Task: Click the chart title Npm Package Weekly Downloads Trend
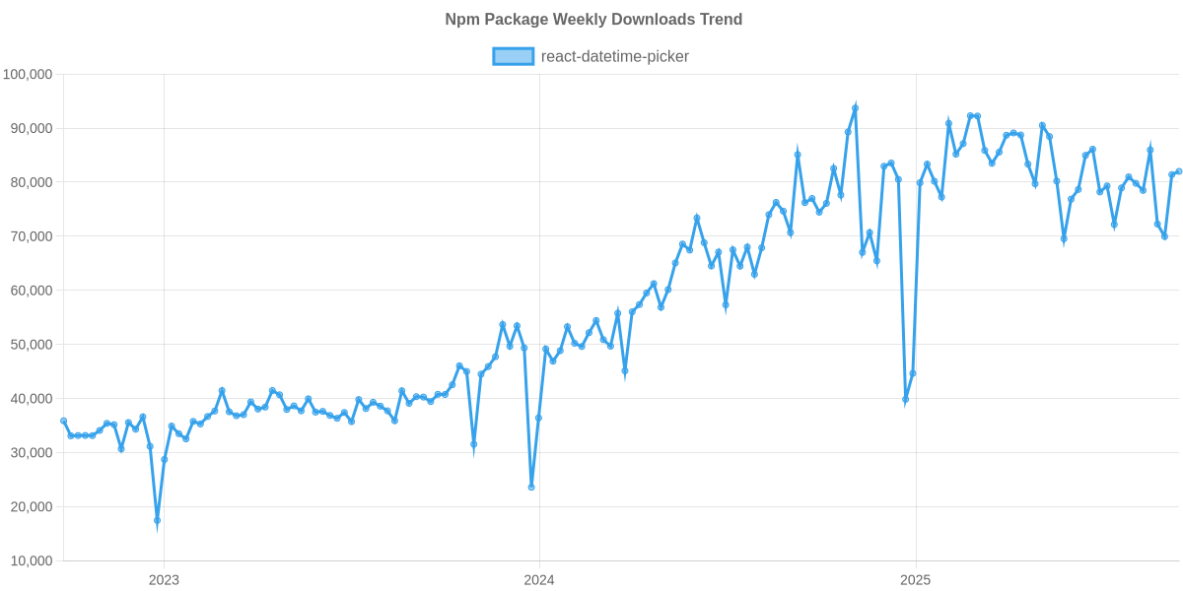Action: tap(593, 20)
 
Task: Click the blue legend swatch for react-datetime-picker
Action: tap(513, 56)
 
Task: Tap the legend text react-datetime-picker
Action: tap(614, 56)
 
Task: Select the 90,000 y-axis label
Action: tap(30, 129)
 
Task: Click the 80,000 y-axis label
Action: tap(30, 183)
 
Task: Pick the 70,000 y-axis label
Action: tap(30, 237)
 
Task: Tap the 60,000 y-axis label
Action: tap(30, 292)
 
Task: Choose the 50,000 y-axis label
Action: tap(30, 346)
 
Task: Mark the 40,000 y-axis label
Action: tap(30, 399)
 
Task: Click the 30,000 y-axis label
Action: tap(30, 453)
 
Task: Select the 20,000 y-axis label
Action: tap(30, 507)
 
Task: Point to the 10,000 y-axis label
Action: tap(30, 561)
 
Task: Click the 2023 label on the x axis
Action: tap(163, 579)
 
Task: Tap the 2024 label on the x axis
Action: tap(539, 579)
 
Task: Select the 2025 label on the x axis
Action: tap(916, 579)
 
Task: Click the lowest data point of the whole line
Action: tap(157, 521)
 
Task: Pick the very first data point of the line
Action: tap(64, 421)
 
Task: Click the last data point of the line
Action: tap(1179, 171)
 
